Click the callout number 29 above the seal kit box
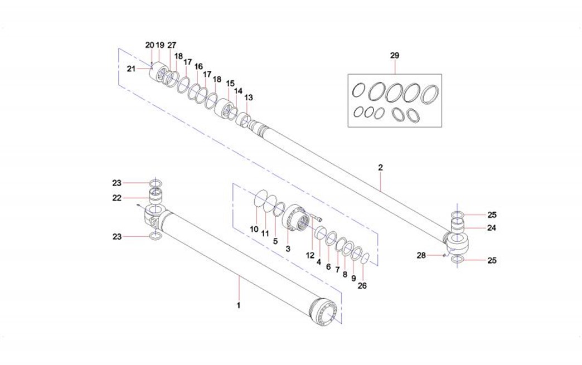(395, 56)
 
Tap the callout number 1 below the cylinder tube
(239, 305)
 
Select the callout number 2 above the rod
(380, 167)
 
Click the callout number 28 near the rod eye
(421, 255)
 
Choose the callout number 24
(491, 227)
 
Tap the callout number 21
(131, 69)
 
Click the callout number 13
(249, 97)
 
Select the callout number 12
(310, 255)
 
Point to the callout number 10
(254, 230)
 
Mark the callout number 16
(198, 66)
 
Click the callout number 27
(172, 45)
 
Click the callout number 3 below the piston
(288, 249)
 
